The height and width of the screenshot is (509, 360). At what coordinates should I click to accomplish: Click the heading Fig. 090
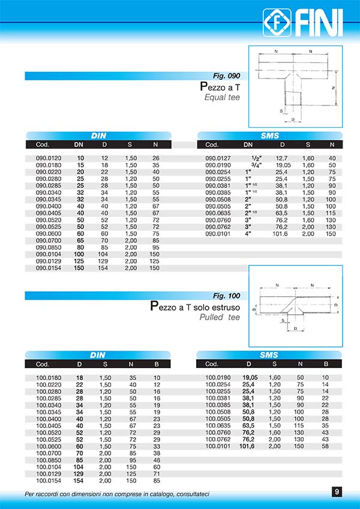(227, 76)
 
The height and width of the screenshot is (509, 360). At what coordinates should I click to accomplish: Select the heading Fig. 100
(227, 296)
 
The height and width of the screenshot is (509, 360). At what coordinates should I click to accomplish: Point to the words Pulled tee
(220, 317)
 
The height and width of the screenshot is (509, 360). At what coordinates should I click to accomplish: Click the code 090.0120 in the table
(47, 158)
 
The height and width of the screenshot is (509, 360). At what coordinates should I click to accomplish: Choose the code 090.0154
(47, 268)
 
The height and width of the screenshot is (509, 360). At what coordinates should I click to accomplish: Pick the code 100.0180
(47, 378)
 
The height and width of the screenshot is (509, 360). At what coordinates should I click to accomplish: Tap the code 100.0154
(47, 480)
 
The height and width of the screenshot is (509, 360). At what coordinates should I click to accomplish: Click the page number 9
(337, 492)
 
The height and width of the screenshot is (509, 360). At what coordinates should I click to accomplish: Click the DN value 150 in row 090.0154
(79, 268)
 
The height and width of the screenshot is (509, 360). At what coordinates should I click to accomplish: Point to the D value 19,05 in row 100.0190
(249, 378)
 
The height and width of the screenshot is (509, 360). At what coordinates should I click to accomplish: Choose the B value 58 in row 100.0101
(325, 446)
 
